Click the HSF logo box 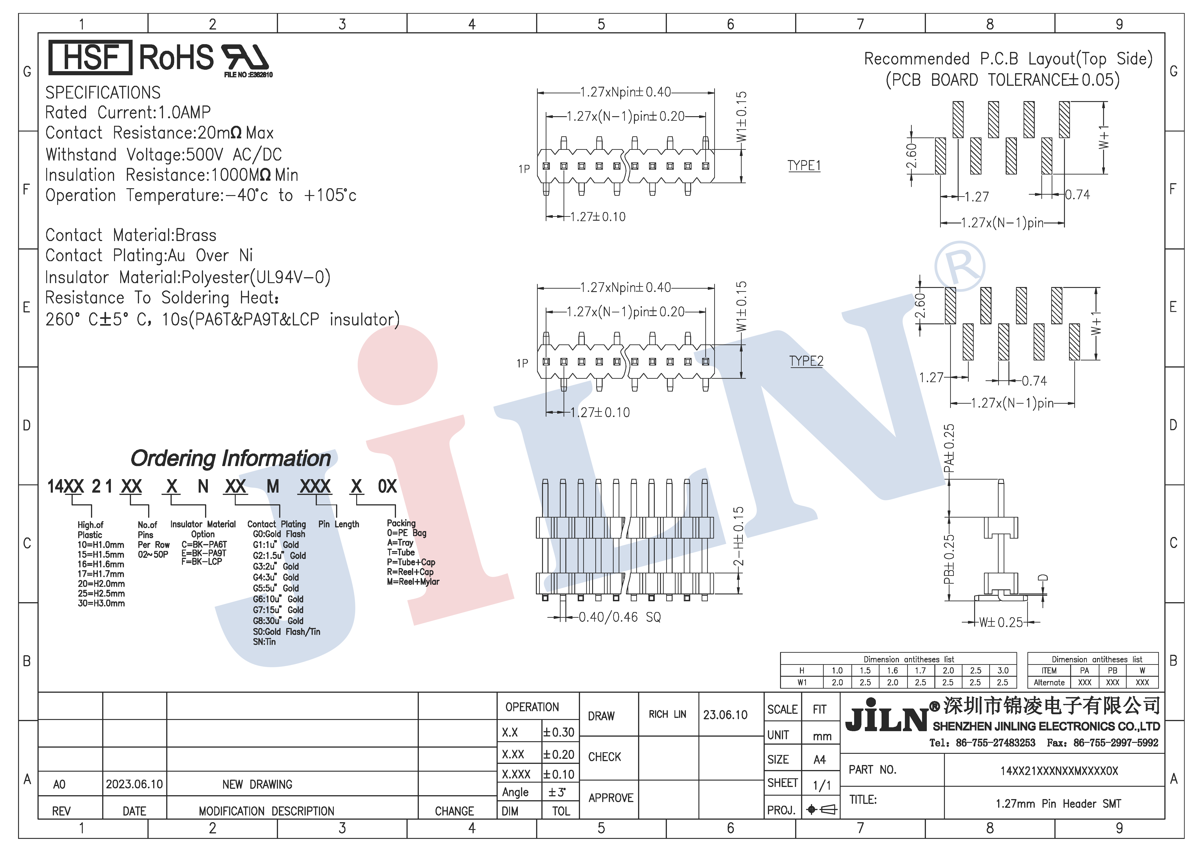coord(90,57)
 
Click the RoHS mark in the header coord(176,57)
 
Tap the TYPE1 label coord(804,166)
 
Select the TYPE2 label coord(806,361)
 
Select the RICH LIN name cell coord(668,714)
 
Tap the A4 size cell coord(820,759)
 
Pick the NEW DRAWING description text coord(257,784)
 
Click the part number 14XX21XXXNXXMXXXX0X coord(1059,771)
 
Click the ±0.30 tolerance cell coord(559,732)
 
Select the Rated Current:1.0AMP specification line coord(128,112)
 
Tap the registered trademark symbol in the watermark coord(960,266)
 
